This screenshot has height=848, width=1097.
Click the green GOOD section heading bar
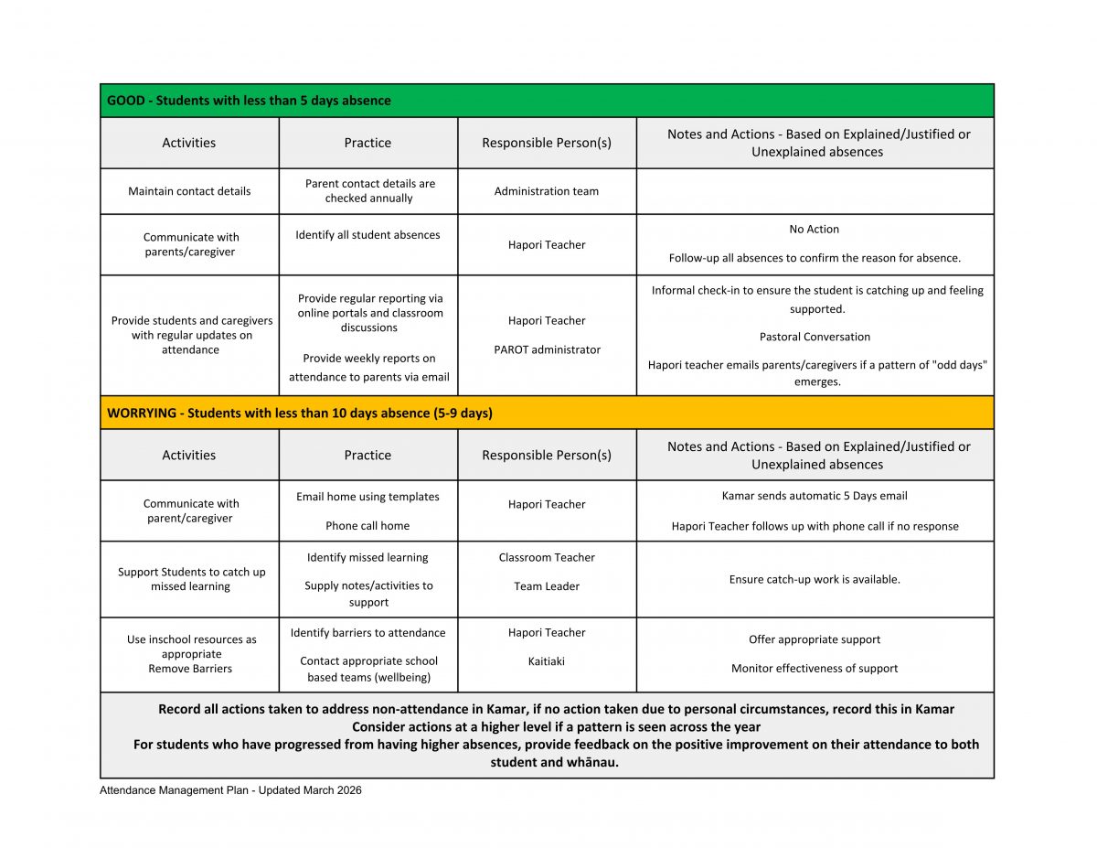(547, 101)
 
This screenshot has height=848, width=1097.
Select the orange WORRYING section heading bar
(547, 413)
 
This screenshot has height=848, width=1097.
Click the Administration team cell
(547, 191)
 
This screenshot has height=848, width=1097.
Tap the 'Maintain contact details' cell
(189, 191)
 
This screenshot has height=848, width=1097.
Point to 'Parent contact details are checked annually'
(369, 190)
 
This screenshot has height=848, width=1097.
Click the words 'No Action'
(814, 230)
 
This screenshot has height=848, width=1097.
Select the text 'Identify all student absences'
(367, 235)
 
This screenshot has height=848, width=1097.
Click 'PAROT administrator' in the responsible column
(547, 349)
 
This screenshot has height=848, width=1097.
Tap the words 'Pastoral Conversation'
(815, 337)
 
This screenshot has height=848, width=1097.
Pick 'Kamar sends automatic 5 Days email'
(815, 496)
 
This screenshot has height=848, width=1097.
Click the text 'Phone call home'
(367, 526)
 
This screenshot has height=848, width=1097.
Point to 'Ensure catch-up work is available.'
(815, 579)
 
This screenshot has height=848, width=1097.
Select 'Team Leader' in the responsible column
(547, 586)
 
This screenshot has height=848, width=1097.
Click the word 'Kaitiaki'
(547, 661)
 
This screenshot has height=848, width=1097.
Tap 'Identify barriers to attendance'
(367, 633)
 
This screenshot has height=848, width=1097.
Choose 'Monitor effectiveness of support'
(815, 669)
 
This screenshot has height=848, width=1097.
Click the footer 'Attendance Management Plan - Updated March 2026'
(230, 790)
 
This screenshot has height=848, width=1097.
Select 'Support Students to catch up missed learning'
(191, 579)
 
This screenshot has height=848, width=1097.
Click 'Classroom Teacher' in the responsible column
(547, 557)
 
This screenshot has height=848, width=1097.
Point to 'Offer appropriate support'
(815, 639)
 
